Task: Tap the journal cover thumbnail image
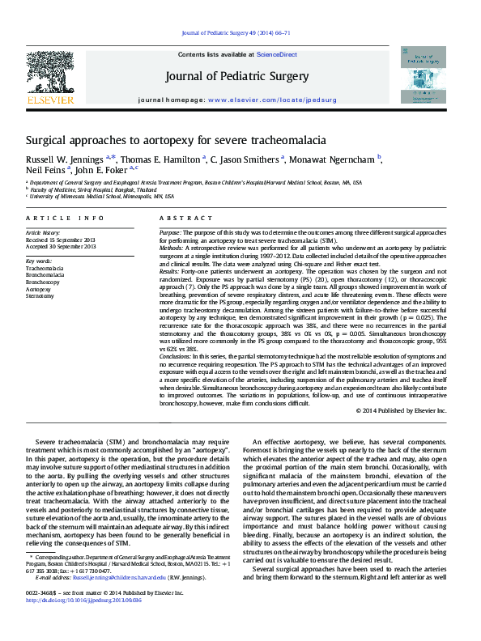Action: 423,73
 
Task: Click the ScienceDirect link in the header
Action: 277,54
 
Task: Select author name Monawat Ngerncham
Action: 338,159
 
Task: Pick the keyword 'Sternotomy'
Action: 40,296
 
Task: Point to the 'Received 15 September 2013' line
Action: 61,240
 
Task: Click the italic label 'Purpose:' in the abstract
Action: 171,232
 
